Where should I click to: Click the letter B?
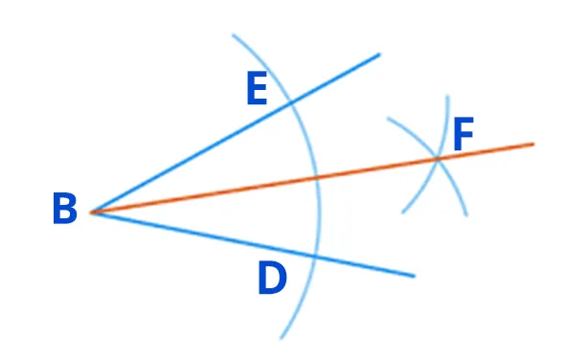click(65, 209)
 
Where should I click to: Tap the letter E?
click(257, 88)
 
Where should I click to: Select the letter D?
click(272, 278)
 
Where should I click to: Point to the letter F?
click(463, 134)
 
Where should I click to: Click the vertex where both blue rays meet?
click(91, 213)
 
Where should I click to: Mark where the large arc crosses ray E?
click(290, 101)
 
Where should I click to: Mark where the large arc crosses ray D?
click(315, 257)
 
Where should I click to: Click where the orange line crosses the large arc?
click(317, 177)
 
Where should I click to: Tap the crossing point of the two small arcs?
click(438, 159)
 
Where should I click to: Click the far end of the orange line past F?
click(533, 144)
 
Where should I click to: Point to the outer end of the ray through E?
click(379, 55)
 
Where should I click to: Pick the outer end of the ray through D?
click(415, 276)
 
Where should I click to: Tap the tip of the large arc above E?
click(233, 35)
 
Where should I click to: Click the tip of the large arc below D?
click(282, 338)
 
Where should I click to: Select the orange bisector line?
click(312, 178)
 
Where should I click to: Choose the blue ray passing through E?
click(236, 134)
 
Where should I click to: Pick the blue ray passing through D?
click(253, 244)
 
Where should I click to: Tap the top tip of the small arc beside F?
click(447, 97)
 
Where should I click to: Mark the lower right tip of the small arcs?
click(466, 215)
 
